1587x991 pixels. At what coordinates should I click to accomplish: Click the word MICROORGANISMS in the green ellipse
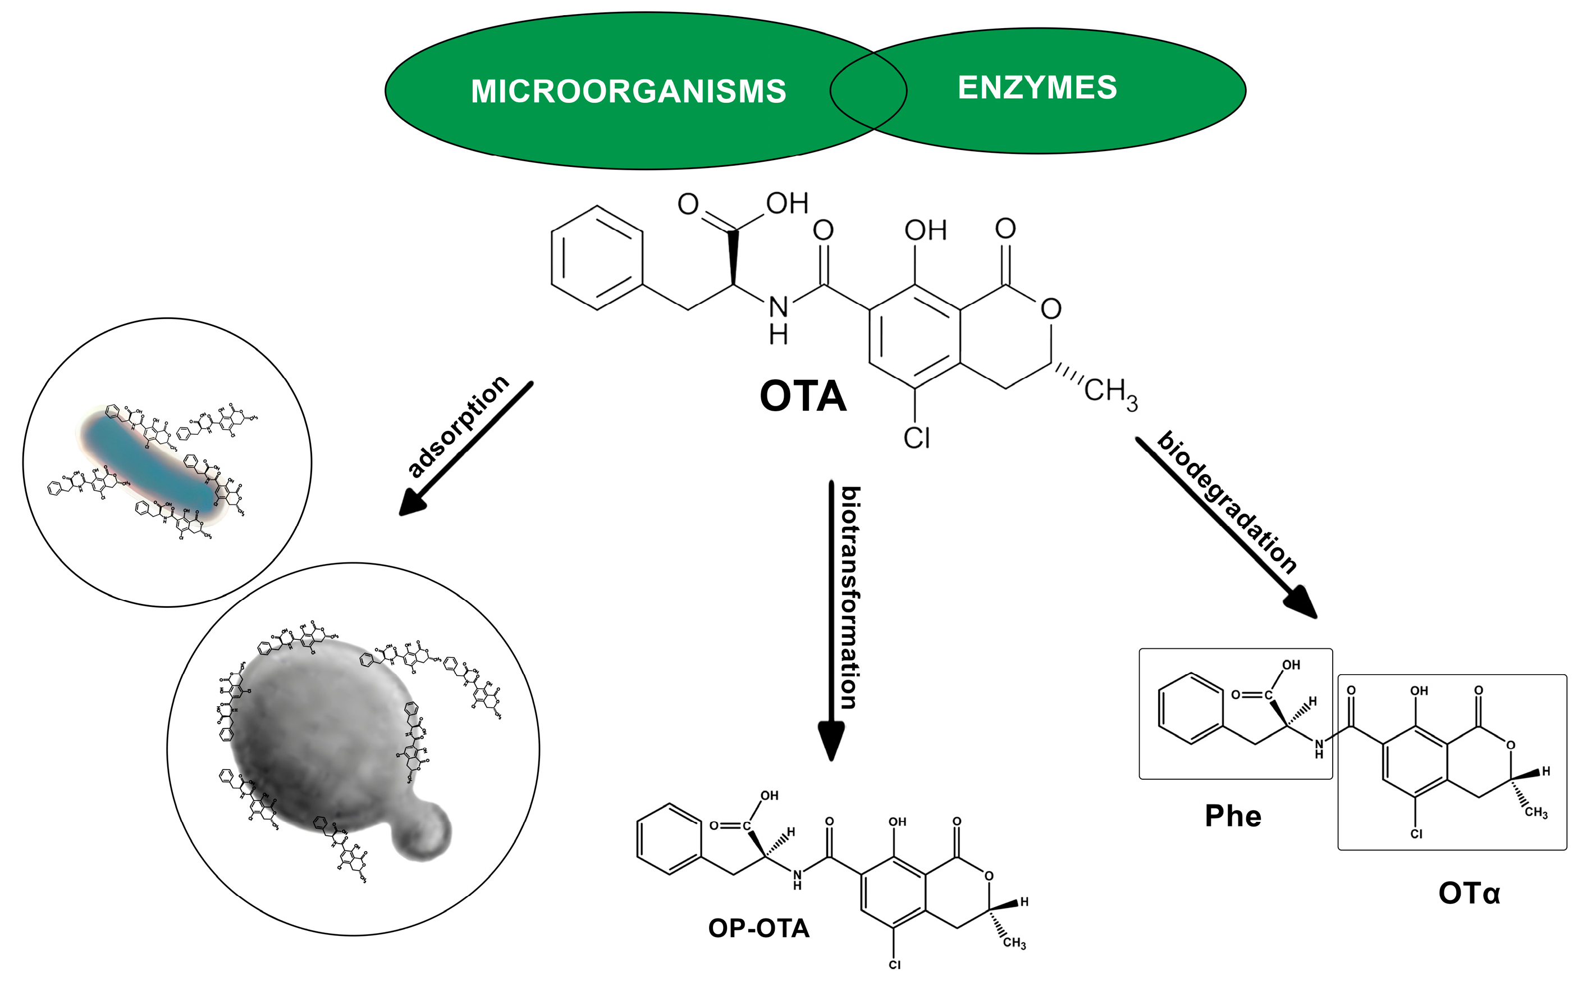(x=628, y=91)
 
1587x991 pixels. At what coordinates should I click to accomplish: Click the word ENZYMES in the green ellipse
(x=1037, y=88)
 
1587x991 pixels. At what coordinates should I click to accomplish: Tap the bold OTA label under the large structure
(x=802, y=397)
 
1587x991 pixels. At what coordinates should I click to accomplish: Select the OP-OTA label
(x=758, y=928)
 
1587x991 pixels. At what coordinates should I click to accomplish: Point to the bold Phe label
(x=1233, y=816)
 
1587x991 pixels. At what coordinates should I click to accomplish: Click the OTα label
(x=1469, y=893)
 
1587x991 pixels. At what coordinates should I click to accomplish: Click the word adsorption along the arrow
(x=459, y=427)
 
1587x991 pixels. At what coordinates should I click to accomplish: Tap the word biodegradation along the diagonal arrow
(x=1227, y=503)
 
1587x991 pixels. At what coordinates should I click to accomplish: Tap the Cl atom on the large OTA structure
(x=916, y=438)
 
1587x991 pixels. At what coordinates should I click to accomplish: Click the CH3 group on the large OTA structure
(x=1110, y=392)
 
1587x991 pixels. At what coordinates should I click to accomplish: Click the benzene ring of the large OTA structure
(x=596, y=257)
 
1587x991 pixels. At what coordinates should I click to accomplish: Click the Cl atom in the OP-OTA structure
(x=895, y=965)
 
